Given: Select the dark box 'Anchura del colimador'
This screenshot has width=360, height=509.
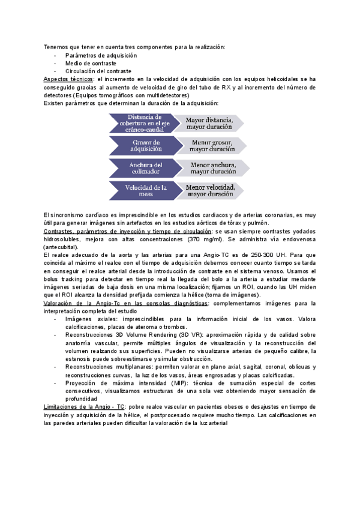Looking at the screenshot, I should (x=143, y=169).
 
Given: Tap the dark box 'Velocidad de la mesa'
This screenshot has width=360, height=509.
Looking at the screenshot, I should (x=143, y=190).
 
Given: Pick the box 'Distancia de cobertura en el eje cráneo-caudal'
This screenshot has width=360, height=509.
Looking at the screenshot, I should (x=143, y=122).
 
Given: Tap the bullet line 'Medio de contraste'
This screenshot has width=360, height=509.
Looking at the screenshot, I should (x=90, y=63).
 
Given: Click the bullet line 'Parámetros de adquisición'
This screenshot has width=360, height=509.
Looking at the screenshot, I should (x=100, y=55).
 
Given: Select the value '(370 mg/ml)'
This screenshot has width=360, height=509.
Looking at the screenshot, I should (x=205, y=239).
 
